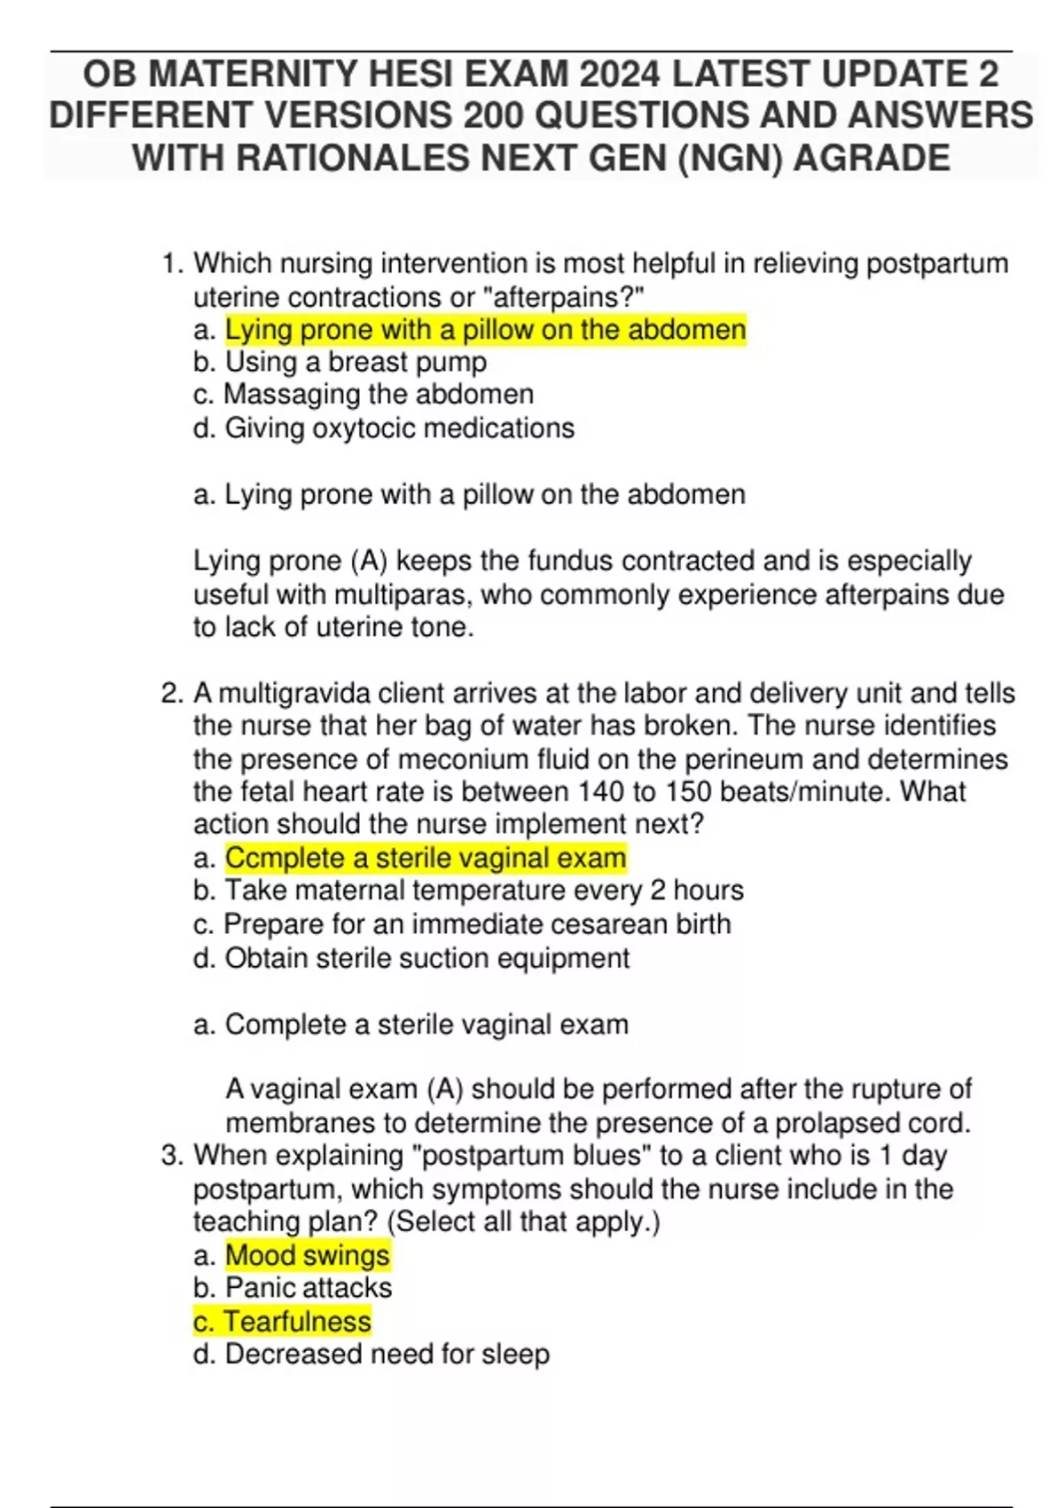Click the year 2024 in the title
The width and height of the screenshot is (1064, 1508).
(x=620, y=75)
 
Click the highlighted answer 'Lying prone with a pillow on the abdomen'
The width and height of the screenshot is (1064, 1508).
(x=485, y=330)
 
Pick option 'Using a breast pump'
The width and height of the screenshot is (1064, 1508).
(x=356, y=362)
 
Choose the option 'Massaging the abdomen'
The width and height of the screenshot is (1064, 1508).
(x=379, y=395)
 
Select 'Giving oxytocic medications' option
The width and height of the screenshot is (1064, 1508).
(x=399, y=428)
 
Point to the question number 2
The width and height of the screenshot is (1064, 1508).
(x=171, y=693)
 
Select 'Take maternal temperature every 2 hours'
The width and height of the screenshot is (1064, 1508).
(x=484, y=891)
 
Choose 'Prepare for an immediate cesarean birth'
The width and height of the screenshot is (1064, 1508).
(x=477, y=924)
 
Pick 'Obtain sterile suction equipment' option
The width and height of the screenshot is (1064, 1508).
(x=427, y=958)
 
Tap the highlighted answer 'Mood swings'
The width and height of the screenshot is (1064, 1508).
(x=307, y=1255)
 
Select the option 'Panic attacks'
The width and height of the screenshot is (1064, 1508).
(x=309, y=1288)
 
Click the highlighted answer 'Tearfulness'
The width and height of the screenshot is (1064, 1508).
(x=296, y=1322)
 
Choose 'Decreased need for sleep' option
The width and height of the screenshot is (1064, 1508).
(x=387, y=1355)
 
